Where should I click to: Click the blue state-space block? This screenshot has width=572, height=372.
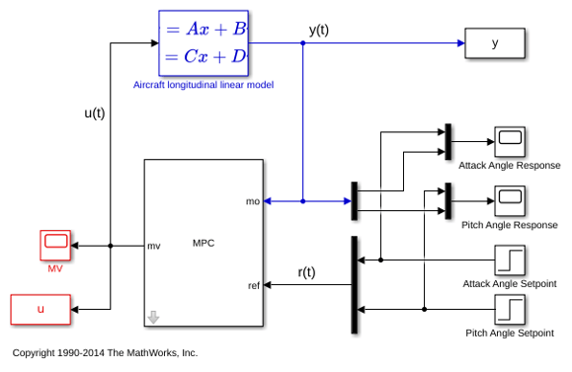click(204, 43)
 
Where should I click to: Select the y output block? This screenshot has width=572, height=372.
click(495, 43)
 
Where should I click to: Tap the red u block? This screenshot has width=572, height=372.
click(41, 309)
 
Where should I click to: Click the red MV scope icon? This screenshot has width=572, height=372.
click(55, 246)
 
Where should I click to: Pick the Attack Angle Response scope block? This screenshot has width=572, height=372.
click(510, 142)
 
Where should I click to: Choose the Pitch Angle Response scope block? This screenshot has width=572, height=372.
click(510, 200)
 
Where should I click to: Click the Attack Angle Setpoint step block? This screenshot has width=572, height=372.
click(510, 260)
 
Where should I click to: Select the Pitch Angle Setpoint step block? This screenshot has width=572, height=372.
click(510, 309)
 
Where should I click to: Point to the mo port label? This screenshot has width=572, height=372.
click(253, 201)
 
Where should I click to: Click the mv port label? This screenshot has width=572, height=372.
click(154, 247)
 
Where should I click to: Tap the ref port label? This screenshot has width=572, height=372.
click(254, 285)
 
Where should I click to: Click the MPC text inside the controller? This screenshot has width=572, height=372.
click(204, 243)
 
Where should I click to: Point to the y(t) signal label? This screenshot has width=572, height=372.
click(319, 30)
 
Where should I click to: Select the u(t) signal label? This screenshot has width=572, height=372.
click(95, 112)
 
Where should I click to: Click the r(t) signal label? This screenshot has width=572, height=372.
click(306, 272)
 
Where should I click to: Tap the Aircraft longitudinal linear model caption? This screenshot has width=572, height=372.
click(204, 85)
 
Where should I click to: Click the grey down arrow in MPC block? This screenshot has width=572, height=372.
click(153, 317)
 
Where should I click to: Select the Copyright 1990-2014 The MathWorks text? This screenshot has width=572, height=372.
click(105, 352)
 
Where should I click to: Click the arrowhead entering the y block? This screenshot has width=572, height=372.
click(461, 43)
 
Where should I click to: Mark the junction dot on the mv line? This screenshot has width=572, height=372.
click(111, 246)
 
